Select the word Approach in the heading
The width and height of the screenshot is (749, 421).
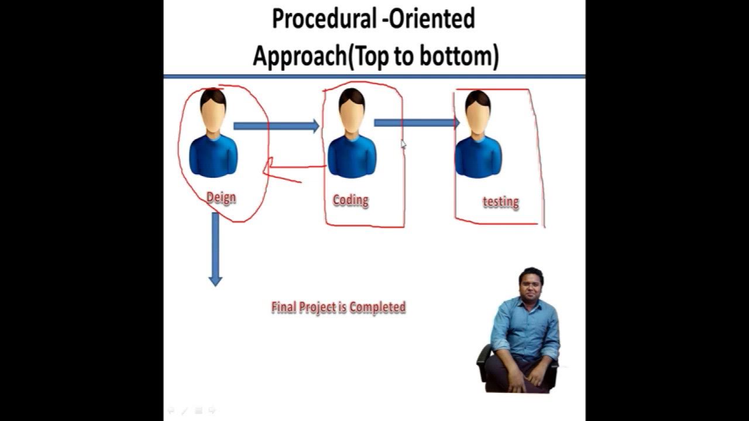[298, 56]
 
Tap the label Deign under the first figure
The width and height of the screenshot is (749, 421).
[221, 198]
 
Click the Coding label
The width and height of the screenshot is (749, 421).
[351, 200]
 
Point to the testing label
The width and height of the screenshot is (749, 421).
[500, 202]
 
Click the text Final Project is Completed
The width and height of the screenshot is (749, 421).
[338, 307]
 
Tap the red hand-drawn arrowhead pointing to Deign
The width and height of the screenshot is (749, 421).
[269, 168]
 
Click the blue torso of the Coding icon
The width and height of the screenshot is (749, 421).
[351, 156]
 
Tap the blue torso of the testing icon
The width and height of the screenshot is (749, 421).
[478, 156]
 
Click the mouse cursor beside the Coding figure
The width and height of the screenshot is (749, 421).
[403, 144]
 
